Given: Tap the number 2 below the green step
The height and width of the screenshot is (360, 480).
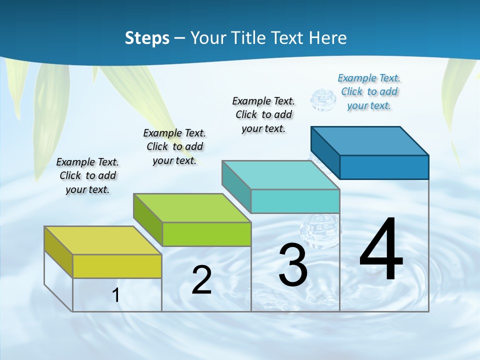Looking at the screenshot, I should pos(201,280).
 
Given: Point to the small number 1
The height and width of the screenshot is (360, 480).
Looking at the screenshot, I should pos(115,295).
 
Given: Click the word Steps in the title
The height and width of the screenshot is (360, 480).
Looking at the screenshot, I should pos(147,38).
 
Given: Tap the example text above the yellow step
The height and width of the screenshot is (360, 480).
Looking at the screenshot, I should pos(87,175).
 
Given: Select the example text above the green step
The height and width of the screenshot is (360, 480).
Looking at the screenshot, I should pos(174,146).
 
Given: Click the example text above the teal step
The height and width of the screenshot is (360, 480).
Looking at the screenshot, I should pos(263,114).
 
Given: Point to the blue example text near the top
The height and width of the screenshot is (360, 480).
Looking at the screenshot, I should pos(369,91).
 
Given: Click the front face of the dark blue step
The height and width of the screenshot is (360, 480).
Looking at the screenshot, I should pos(384,167).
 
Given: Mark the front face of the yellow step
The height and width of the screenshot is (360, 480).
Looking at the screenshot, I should pos(117,266).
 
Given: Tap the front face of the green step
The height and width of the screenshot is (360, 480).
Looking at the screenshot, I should pos(206,234).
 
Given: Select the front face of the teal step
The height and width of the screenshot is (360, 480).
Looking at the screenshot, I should pos(295,201).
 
